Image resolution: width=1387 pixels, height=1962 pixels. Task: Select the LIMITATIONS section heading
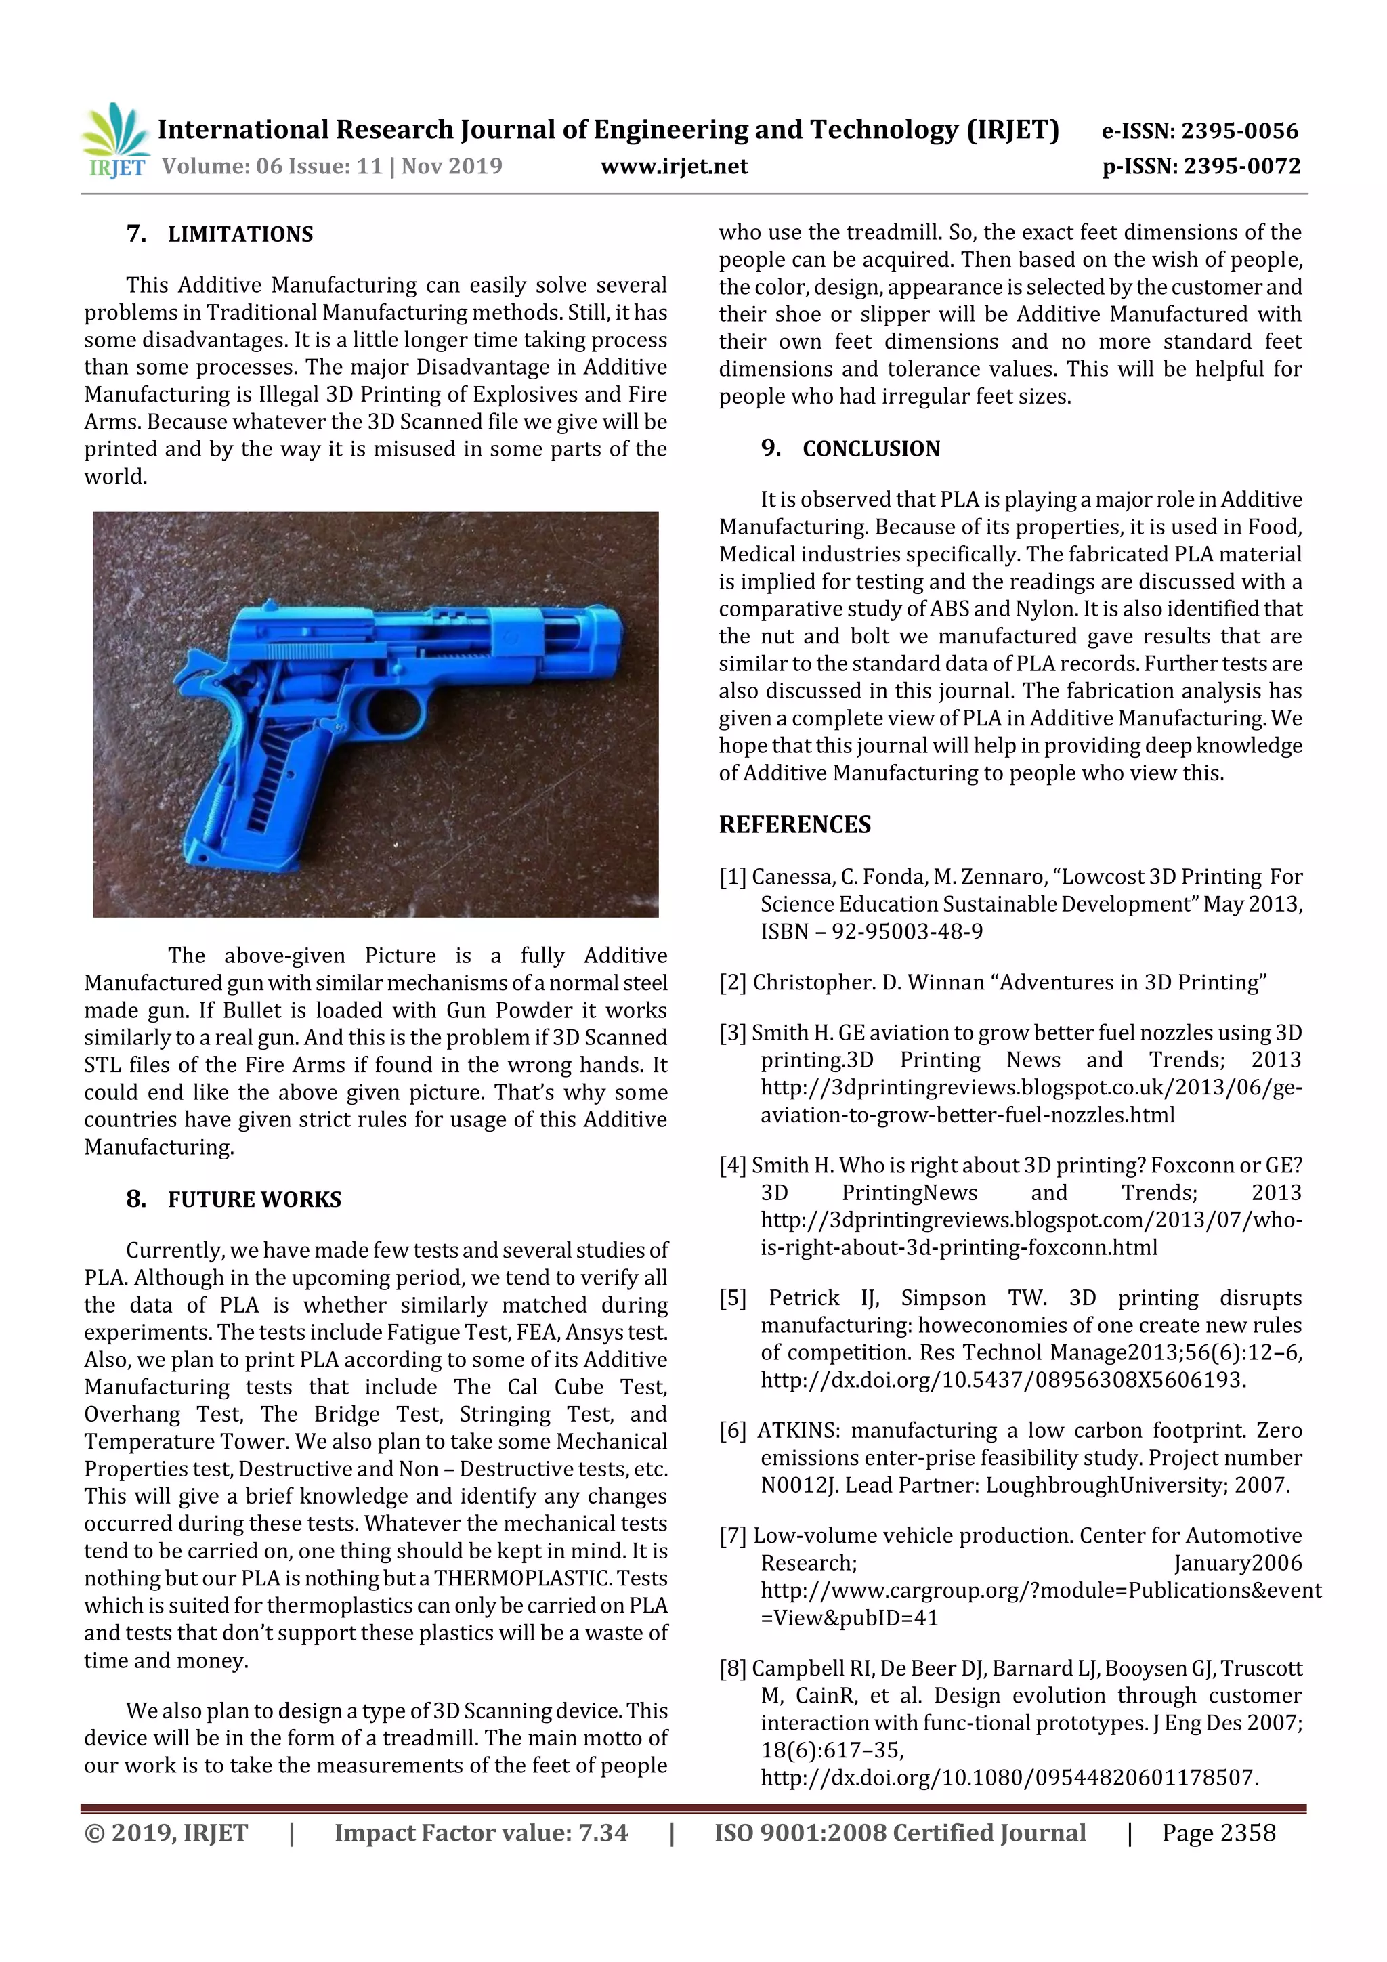[240, 234]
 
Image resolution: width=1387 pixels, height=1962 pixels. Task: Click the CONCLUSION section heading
[870, 448]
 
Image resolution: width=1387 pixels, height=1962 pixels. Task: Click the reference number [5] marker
[732, 1298]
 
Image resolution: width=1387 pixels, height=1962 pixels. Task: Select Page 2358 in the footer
[1218, 1832]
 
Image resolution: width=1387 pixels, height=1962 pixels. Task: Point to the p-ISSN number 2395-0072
[1239, 166]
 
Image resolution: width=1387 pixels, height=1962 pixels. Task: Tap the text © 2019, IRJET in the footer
[166, 1832]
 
